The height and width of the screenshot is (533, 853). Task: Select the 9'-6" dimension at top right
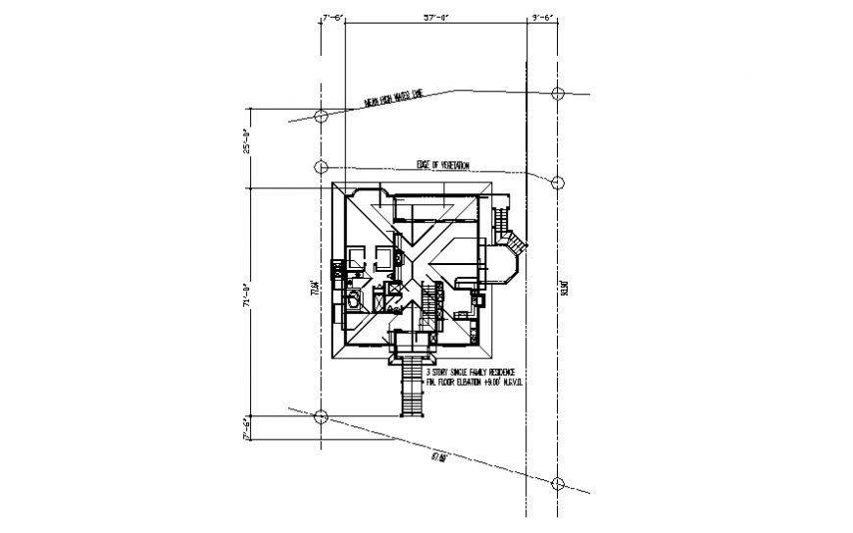(543, 17)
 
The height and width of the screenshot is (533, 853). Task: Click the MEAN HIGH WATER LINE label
(392, 98)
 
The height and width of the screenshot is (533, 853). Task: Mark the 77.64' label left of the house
(315, 289)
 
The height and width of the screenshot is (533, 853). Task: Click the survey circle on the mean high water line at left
(320, 116)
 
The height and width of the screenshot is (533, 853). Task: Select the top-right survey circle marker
(558, 93)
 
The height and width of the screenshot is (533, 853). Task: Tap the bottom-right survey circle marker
(558, 483)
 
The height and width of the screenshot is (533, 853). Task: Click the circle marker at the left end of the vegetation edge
(320, 167)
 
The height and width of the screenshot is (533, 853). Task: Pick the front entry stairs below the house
(410, 387)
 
